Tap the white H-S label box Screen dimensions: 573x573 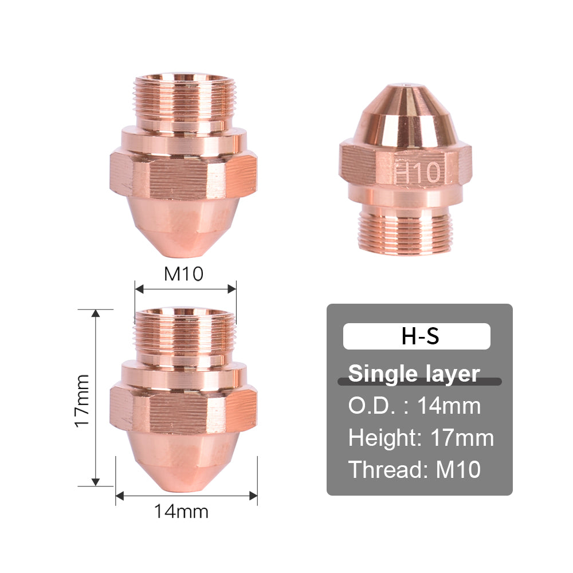click(417, 336)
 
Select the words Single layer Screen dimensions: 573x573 click(414, 373)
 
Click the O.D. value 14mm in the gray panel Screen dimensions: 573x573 click(449, 406)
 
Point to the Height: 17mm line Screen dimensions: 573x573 click(421, 438)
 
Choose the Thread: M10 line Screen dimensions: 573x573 click(414, 470)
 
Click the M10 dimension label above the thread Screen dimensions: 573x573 click(184, 274)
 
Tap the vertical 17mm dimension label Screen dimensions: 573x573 click(82, 399)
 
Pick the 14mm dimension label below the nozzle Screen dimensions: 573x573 click(181, 511)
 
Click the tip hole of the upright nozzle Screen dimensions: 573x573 click(406, 86)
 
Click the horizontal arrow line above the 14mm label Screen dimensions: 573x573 click(186, 496)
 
